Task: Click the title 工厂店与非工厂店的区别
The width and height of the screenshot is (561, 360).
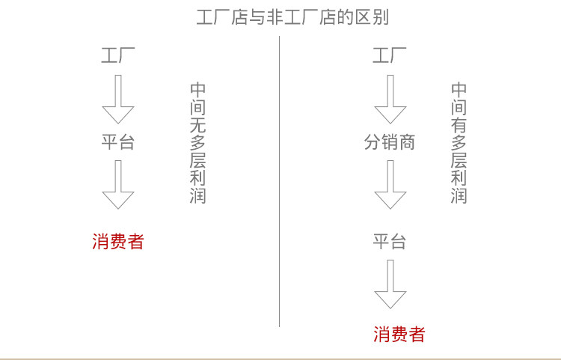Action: [292, 17]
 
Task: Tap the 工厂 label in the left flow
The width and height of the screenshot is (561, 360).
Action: [118, 55]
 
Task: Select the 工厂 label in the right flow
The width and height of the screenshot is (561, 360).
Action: [390, 55]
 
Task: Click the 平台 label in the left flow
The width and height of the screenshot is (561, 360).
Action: [118, 141]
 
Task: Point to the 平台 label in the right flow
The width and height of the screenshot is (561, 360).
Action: [390, 241]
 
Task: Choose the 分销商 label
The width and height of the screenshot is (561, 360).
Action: [390, 141]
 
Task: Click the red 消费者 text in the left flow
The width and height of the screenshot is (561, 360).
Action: [118, 241]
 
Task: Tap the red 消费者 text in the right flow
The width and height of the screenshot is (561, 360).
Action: [399, 334]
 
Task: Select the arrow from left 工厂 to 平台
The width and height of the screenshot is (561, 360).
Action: [118, 99]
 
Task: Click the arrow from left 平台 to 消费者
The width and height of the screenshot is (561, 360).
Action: [118, 184]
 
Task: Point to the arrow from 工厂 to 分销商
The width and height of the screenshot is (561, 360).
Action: [390, 99]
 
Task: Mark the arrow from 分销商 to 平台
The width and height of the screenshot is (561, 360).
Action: [390, 184]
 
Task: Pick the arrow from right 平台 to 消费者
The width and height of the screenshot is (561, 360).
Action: [390, 284]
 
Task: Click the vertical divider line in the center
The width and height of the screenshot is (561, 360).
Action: [280, 180]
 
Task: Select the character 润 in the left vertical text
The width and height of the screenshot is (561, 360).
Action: [197, 196]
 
